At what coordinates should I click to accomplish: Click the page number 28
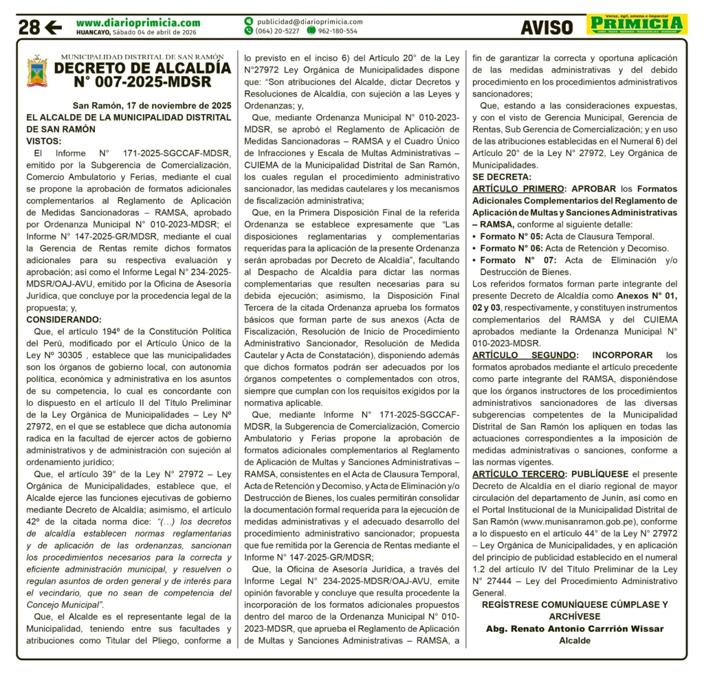click(29, 27)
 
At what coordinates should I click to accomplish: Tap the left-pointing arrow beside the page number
click(53, 27)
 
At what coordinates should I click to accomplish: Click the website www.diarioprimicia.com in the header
click(138, 23)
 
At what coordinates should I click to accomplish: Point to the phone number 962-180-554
click(337, 31)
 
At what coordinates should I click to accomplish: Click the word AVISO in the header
click(547, 27)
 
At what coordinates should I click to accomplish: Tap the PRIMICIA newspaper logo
click(637, 24)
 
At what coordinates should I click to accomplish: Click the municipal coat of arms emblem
click(37, 72)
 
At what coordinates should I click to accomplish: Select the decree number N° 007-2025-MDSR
click(142, 83)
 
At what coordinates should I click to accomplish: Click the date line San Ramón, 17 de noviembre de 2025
click(152, 106)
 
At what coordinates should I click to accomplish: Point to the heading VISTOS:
click(44, 141)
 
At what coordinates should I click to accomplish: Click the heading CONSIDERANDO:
click(63, 319)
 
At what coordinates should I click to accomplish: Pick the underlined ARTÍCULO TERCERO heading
click(518, 474)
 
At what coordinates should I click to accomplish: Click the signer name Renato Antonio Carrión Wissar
click(575, 629)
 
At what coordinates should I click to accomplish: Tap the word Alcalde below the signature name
click(575, 640)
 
